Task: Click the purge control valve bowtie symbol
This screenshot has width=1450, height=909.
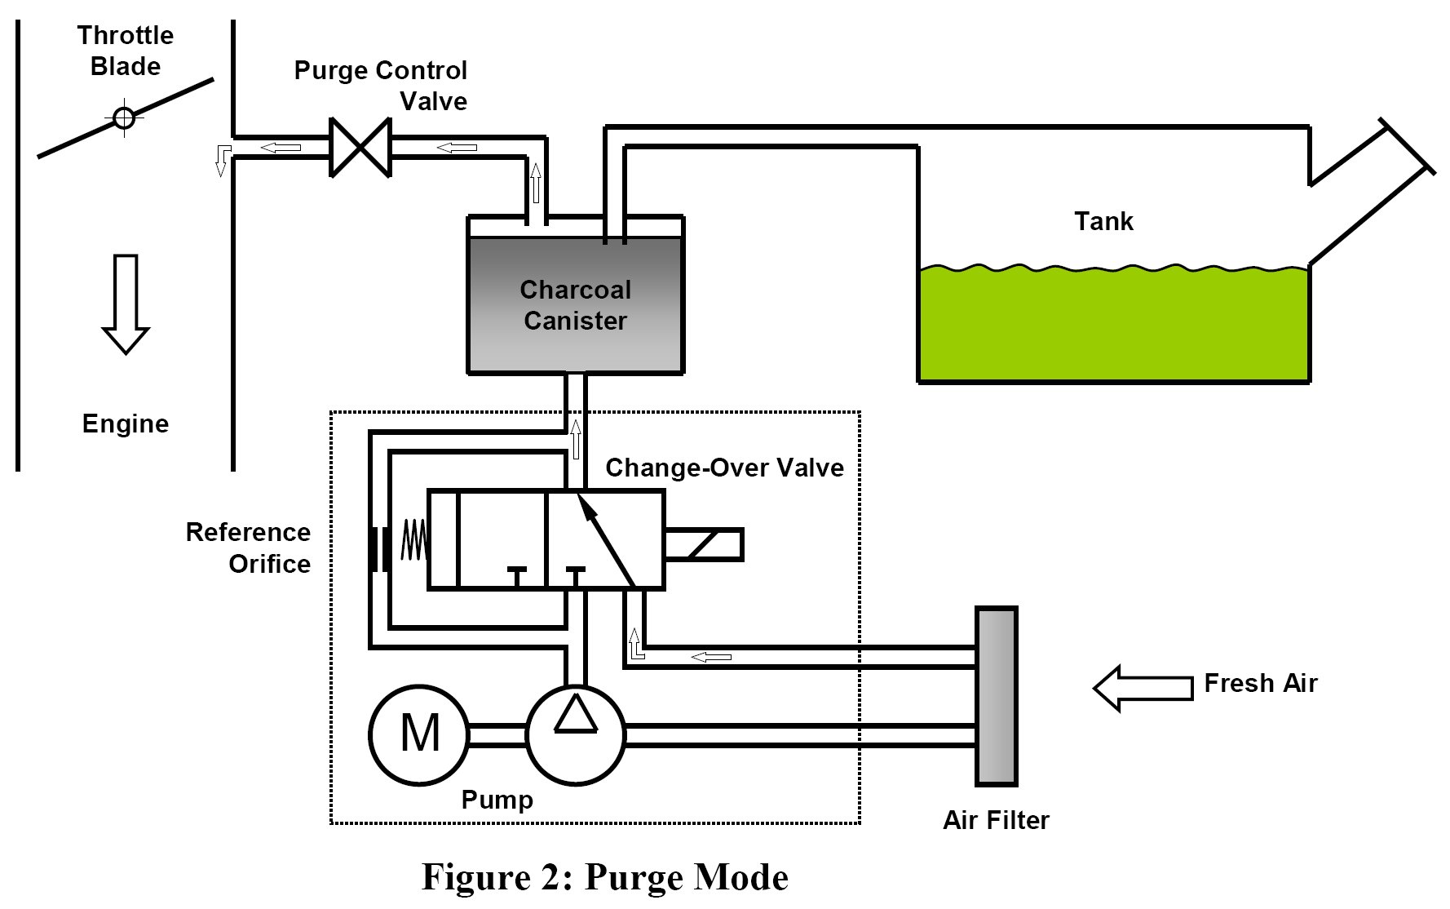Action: click(x=360, y=148)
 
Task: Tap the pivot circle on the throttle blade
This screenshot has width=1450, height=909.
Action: click(x=124, y=118)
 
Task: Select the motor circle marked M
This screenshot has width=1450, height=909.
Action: click(x=419, y=734)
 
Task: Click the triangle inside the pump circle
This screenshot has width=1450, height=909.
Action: click(x=576, y=713)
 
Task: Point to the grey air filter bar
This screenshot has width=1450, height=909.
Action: click(x=997, y=696)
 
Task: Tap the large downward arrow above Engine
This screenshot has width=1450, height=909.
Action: click(x=126, y=304)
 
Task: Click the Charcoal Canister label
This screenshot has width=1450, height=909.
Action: click(x=576, y=305)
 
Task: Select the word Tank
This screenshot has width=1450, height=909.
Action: click(x=1103, y=221)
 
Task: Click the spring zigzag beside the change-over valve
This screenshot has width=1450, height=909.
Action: click(x=413, y=540)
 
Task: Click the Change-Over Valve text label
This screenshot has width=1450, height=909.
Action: click(x=724, y=468)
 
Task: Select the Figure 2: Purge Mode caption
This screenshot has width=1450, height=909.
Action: click(x=605, y=877)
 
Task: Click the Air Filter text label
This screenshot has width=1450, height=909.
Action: click(x=996, y=820)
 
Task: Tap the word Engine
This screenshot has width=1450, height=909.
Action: click(x=126, y=424)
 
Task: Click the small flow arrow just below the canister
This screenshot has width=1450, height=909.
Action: click(x=576, y=439)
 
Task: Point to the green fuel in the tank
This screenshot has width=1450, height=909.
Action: click(x=1114, y=323)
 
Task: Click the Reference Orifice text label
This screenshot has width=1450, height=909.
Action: click(x=249, y=548)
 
